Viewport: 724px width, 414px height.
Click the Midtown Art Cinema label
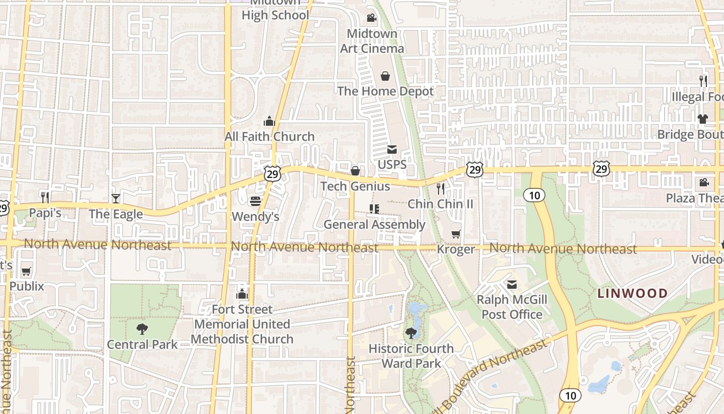click(372, 41)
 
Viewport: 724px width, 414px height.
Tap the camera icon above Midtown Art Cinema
click(371, 19)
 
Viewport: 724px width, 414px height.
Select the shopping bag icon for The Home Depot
click(385, 77)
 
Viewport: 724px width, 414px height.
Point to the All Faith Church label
click(269, 137)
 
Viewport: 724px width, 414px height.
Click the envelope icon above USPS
click(392, 150)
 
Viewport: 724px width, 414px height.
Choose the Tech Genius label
click(355, 186)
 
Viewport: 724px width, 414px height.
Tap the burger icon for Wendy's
click(255, 201)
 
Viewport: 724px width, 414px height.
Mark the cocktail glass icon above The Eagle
click(116, 198)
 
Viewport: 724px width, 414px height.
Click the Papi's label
click(45, 213)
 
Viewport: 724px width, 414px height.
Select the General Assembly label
click(374, 225)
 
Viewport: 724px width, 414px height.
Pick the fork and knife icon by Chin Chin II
click(441, 189)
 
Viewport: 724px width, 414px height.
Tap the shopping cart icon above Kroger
click(456, 234)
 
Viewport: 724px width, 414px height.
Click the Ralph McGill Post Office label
click(512, 307)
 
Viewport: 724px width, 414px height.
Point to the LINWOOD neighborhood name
click(632, 293)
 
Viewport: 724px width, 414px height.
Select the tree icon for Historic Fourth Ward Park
click(411, 333)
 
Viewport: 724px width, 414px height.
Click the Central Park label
click(142, 345)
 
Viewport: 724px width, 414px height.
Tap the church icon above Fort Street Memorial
click(242, 294)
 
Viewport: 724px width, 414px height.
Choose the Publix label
click(27, 286)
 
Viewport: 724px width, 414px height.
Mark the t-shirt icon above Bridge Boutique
click(702, 119)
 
